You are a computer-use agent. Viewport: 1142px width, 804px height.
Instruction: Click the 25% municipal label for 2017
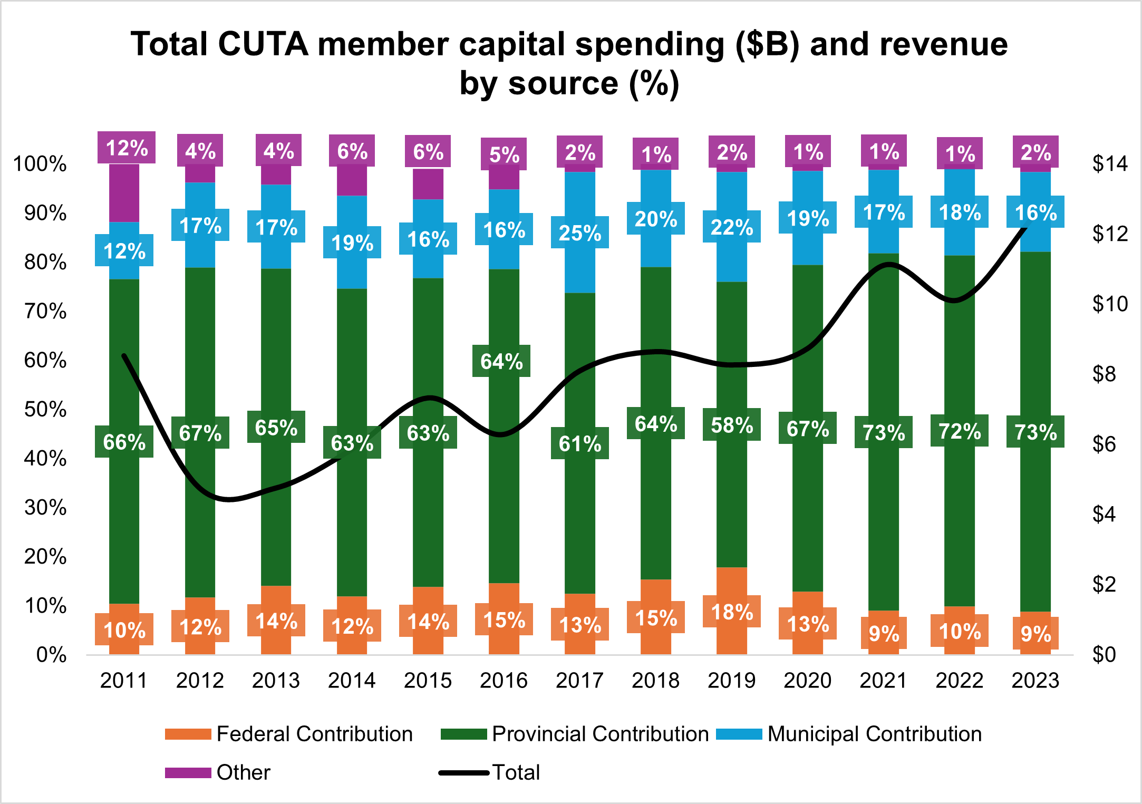pos(580,233)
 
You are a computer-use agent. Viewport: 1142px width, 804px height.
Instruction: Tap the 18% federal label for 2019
pos(732,612)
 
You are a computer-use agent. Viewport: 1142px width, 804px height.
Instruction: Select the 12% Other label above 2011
pos(127,148)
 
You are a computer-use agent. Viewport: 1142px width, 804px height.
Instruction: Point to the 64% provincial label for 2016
pos(501,361)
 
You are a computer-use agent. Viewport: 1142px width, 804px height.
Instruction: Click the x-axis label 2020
pos(807,680)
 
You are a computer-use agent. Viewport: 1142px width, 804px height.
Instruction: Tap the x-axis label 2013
pos(276,680)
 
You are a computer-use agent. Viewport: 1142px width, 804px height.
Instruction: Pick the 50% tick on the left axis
pos(45,409)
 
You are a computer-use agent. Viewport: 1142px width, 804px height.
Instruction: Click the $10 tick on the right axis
pos(1110,304)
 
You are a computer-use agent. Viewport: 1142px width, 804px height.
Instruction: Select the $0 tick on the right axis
pos(1104,654)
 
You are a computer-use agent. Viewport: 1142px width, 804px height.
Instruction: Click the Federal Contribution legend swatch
pos(188,734)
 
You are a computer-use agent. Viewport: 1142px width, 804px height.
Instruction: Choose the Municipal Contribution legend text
pos(874,734)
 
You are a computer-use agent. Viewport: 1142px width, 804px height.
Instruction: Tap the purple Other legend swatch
pos(188,772)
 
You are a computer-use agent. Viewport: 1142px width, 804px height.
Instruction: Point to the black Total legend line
pos(464,773)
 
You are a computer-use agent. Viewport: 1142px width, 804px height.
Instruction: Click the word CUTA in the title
pos(262,44)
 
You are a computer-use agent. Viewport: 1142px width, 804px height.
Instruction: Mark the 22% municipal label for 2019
pos(732,227)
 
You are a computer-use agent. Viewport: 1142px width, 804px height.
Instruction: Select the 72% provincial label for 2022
pos(960,431)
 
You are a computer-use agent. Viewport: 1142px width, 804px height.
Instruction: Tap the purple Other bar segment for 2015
pos(428,185)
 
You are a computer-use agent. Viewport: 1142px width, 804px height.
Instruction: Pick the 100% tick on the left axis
pos(40,164)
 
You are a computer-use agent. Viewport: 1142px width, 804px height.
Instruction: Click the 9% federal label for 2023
pos(1035,633)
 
